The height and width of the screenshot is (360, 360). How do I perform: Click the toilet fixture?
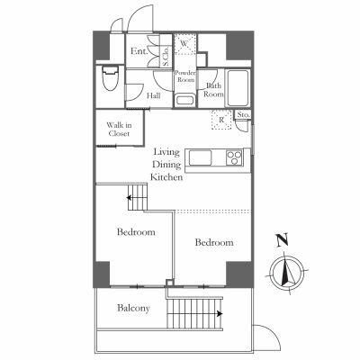click(x=111, y=78)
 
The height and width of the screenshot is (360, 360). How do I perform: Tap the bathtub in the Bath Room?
click(x=238, y=88)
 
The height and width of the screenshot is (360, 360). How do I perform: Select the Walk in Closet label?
click(x=119, y=130)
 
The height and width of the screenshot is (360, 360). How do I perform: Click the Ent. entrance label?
click(x=139, y=51)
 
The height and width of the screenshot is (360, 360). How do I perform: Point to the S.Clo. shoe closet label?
click(x=166, y=58)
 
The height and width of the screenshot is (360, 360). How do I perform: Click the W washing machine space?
click(x=185, y=44)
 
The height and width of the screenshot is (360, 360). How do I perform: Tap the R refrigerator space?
click(x=221, y=120)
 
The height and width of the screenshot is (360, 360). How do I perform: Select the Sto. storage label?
click(x=243, y=114)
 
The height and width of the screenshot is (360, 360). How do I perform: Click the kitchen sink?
click(x=200, y=157)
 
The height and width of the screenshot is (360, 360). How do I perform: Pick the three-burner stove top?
click(x=234, y=157)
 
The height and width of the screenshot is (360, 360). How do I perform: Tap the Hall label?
click(x=153, y=95)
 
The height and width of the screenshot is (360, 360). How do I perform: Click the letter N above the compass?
click(x=283, y=240)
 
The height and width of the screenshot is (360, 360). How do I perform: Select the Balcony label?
click(x=133, y=308)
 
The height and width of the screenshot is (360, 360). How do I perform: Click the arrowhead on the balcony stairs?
click(x=220, y=314)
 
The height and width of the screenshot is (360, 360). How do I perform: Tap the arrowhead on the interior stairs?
click(x=130, y=198)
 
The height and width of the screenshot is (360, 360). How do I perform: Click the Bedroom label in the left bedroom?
click(x=136, y=232)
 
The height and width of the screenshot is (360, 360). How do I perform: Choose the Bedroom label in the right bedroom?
click(x=214, y=242)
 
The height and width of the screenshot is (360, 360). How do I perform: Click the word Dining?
click(x=166, y=165)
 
